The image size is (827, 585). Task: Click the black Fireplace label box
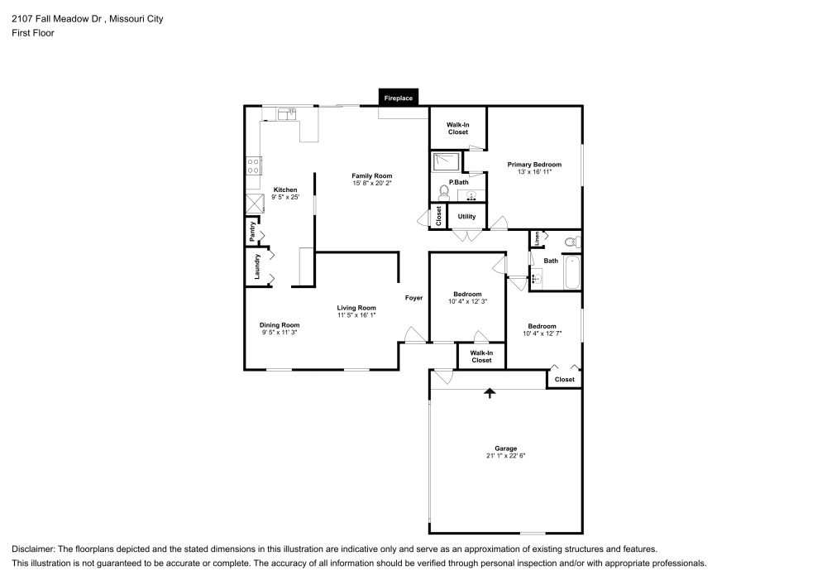click(x=398, y=98)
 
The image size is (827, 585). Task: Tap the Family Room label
click(x=371, y=176)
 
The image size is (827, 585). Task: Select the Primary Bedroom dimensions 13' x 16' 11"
click(x=533, y=172)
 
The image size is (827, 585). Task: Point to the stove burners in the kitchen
click(x=253, y=165)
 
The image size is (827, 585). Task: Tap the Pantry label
click(x=252, y=232)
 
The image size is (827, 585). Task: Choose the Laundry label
click(x=257, y=266)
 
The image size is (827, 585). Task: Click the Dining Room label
click(x=280, y=325)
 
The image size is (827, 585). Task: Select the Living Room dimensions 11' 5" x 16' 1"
click(x=356, y=315)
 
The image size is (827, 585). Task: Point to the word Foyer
click(x=413, y=298)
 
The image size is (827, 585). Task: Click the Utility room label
click(x=466, y=217)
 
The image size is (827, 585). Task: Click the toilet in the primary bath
click(x=443, y=192)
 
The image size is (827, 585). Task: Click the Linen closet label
click(x=536, y=238)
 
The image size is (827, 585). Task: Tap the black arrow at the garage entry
click(x=489, y=394)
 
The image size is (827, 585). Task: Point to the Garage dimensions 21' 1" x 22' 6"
click(x=505, y=456)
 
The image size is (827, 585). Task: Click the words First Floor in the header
click(x=33, y=33)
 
